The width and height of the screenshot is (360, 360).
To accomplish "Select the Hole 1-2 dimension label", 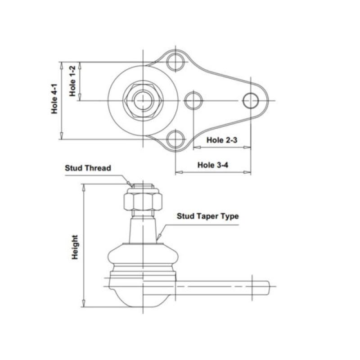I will click(x=73, y=81).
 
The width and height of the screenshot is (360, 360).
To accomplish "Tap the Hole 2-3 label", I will click(x=221, y=140).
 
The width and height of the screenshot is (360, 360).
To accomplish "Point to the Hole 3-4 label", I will click(x=213, y=165).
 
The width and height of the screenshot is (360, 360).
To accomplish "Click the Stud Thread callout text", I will click(x=88, y=168).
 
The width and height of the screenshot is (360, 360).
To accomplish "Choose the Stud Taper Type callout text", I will click(x=207, y=216).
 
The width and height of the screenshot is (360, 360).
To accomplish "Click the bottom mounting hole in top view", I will click(x=175, y=140).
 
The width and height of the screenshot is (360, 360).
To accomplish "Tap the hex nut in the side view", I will click(x=142, y=200).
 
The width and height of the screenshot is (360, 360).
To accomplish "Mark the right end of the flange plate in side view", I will click(x=269, y=285).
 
